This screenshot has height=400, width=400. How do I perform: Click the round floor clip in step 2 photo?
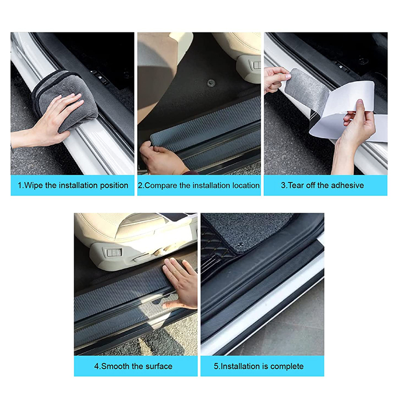(x=211, y=83)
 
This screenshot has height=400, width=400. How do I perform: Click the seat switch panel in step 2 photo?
(x=257, y=65)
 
